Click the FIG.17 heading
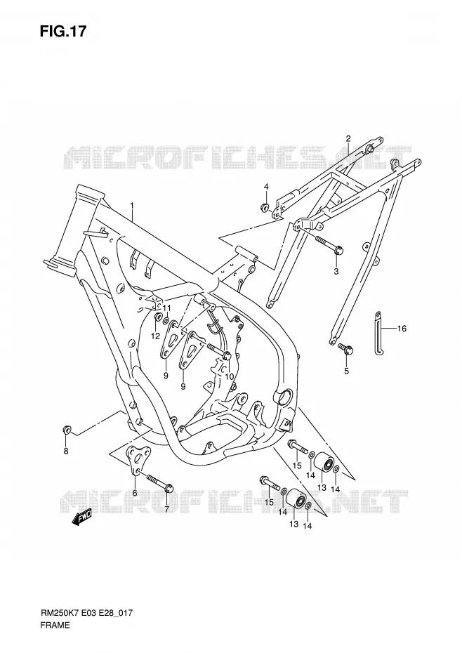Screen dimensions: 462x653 [63, 31]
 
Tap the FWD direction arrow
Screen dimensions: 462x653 [81, 517]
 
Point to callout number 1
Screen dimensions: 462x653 [131, 206]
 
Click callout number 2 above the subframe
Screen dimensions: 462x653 [348, 138]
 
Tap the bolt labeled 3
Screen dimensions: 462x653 [329, 244]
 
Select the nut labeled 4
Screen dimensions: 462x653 [264, 206]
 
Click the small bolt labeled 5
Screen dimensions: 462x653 [345, 348]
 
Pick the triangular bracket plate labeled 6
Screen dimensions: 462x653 [136, 460]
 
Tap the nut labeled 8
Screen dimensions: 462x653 [66, 430]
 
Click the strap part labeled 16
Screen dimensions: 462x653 [378, 333]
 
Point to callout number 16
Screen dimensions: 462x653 [402, 329]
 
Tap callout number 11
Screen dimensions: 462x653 [167, 308]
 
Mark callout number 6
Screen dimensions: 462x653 [135, 493]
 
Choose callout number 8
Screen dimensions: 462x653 [66, 451]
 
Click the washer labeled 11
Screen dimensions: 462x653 [166, 321]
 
